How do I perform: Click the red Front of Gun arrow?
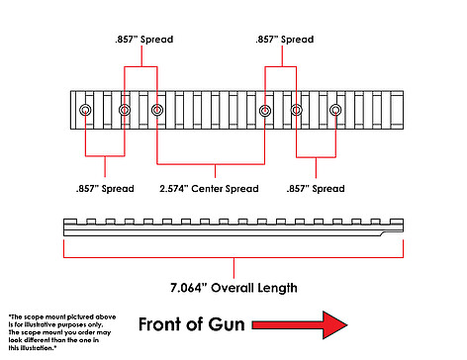coord(300,325)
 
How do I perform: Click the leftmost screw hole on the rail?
coord(85,110)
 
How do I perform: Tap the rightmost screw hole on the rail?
coord(335,110)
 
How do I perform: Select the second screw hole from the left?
coord(125,110)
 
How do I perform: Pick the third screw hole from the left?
coord(157,110)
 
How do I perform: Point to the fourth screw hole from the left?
coord(265,111)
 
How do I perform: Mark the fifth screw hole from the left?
coord(296,110)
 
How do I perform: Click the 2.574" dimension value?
coord(174,189)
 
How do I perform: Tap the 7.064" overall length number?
coord(188,288)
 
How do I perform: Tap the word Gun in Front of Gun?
coord(227,324)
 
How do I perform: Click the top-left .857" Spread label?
coord(144,40)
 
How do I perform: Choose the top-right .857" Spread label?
coord(285,40)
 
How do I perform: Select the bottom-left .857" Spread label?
coord(105,189)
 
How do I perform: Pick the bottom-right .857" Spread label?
coord(316,189)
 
